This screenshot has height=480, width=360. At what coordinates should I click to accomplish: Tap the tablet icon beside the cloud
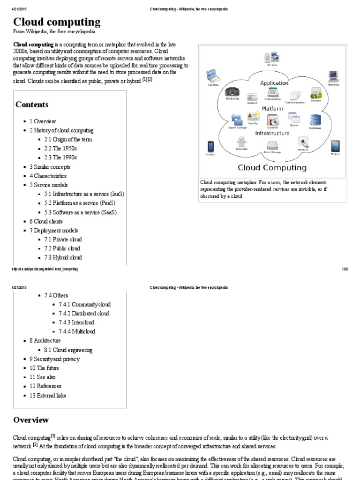point(335,146)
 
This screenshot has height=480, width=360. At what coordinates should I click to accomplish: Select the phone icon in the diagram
point(210,146)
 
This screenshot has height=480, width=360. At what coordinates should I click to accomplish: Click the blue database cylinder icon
point(315,120)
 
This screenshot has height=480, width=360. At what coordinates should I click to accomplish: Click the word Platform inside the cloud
point(272,108)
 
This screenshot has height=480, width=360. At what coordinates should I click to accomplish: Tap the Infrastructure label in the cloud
point(272,133)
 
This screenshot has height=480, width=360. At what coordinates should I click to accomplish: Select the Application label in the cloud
point(274,83)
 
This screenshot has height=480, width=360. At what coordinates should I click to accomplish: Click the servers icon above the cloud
point(272,58)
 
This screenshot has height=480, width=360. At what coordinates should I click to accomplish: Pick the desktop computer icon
point(333,76)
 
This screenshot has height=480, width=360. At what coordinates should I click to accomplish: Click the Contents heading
point(32,105)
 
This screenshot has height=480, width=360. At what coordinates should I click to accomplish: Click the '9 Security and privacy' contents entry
point(54,359)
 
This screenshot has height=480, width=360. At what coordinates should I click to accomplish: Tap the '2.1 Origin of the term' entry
point(68,139)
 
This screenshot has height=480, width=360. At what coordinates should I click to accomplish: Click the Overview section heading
point(30,420)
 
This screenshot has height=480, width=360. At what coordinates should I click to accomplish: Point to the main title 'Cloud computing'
point(57,22)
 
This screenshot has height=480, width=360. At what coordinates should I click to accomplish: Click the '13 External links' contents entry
point(48,395)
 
